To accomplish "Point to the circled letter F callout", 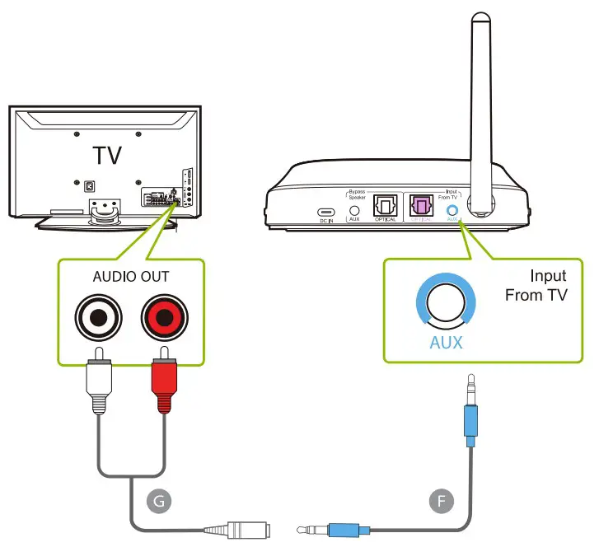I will (442, 499).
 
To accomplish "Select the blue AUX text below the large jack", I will (446, 342).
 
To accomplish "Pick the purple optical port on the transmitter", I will (422, 206).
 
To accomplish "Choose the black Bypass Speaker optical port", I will (385, 206).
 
